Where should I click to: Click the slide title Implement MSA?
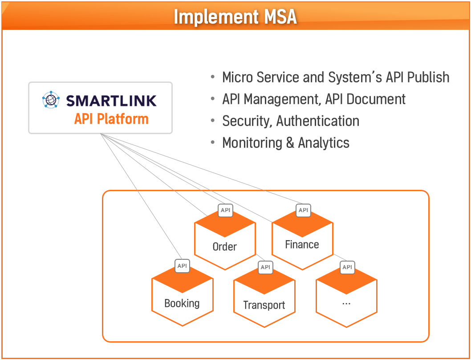[x=235, y=16]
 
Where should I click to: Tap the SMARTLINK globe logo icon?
[x=51, y=99]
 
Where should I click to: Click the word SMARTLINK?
[x=111, y=100]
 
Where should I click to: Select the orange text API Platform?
[x=111, y=119]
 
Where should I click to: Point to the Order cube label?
[x=225, y=247]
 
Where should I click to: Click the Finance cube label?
[x=302, y=245]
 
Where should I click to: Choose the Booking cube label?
[x=182, y=303]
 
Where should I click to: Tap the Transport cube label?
[x=264, y=305]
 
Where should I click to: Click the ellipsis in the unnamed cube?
[x=346, y=304]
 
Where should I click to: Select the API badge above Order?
[x=225, y=210]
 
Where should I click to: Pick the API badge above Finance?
[x=303, y=210]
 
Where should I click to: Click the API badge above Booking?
[x=182, y=266]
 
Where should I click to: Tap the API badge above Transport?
[x=265, y=267]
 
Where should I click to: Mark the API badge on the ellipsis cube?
[x=347, y=267]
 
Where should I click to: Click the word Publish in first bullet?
[x=428, y=77]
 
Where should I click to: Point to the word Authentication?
[x=318, y=121]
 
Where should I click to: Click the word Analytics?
[x=324, y=143]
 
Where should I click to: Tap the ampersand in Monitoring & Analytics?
[x=290, y=143]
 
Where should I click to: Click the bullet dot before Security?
[x=213, y=121]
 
